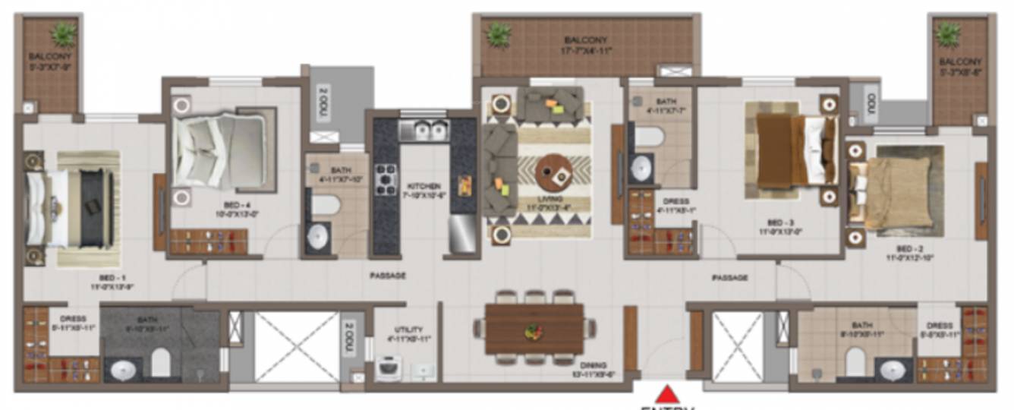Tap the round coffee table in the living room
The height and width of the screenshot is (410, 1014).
[x=554, y=174]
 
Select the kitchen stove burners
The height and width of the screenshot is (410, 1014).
[x=386, y=180]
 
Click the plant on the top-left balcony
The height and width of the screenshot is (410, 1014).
[x=64, y=34]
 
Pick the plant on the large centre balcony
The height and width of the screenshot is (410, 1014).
[x=499, y=34]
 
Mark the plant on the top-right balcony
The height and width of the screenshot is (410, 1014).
[x=948, y=33]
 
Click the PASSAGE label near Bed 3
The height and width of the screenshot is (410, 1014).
[x=730, y=278]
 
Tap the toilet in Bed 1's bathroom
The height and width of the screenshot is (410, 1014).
[x=160, y=364]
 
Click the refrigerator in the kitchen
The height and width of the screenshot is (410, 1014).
[x=462, y=234]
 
